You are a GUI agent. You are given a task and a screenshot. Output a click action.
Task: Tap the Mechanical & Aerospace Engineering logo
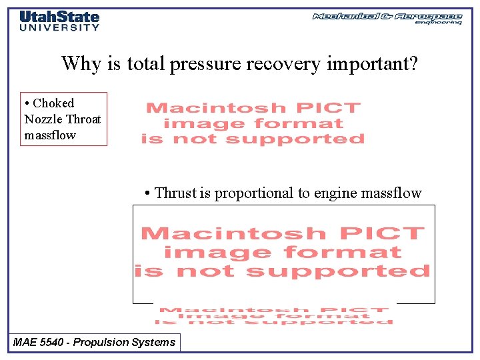[387, 18]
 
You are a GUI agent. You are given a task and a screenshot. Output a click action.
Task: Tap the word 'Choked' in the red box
[53, 103]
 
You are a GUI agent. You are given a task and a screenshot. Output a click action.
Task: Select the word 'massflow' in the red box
[50, 135]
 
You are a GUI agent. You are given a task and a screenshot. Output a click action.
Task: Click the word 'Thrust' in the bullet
[175, 193]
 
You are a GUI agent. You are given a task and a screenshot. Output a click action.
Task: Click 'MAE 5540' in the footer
[39, 343]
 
